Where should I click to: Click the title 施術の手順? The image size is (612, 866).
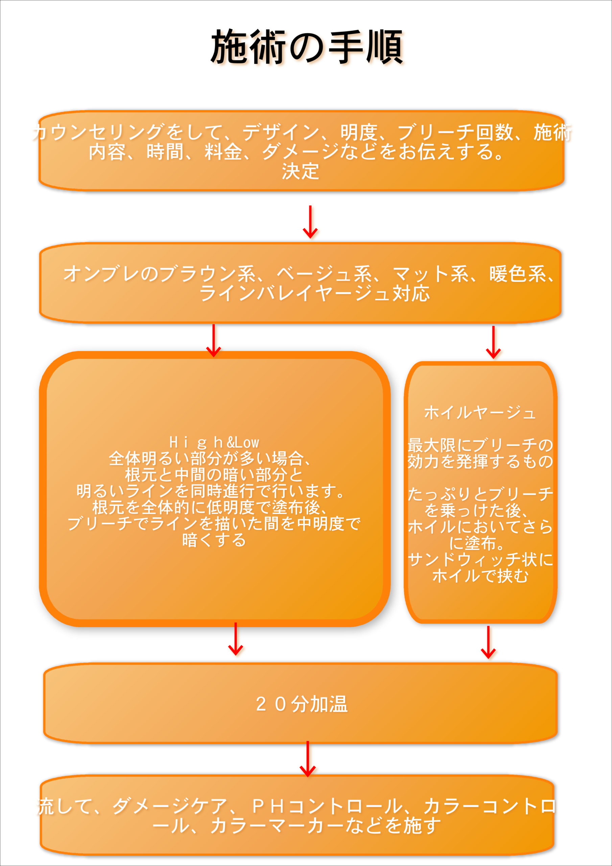pyautogui.click(x=307, y=47)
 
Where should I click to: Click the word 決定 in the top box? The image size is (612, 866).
pyautogui.click(x=301, y=171)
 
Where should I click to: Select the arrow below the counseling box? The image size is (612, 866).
pyautogui.click(x=310, y=222)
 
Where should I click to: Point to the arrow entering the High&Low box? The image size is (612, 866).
pyautogui.click(x=213, y=340)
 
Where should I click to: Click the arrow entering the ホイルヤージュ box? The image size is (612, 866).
pyautogui.click(x=493, y=342)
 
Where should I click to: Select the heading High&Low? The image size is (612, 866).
pyautogui.click(x=214, y=442)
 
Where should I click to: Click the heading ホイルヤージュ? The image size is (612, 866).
pyautogui.click(x=480, y=413)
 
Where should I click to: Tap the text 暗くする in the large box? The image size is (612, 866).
pyautogui.click(x=214, y=540)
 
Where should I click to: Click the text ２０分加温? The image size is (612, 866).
pyautogui.click(x=302, y=704)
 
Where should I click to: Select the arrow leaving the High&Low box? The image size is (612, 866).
pyautogui.click(x=235, y=639)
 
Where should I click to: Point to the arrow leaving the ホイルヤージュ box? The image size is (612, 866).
pyautogui.click(x=488, y=642)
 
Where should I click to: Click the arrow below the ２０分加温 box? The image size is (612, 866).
pyautogui.click(x=308, y=759)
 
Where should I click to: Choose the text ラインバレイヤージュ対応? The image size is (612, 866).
pyautogui.click(x=314, y=293)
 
